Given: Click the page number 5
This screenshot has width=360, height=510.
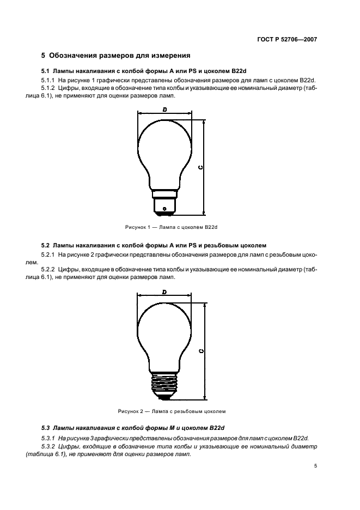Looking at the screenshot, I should [315, 466].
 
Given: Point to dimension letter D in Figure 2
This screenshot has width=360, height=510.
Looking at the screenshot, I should [164, 293].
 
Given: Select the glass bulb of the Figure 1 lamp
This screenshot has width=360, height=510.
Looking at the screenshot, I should [164, 147].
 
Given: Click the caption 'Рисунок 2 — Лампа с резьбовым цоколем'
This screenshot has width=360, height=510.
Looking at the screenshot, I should [172, 411].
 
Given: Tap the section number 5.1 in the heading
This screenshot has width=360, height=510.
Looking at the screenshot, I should [46, 71].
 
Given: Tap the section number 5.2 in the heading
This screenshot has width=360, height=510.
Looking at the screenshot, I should [46, 245].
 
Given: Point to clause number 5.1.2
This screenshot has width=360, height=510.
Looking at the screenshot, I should [50, 88].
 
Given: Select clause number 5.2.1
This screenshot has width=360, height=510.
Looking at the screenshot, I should [50, 254].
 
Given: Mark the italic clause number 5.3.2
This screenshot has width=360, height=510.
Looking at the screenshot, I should [50, 446].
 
